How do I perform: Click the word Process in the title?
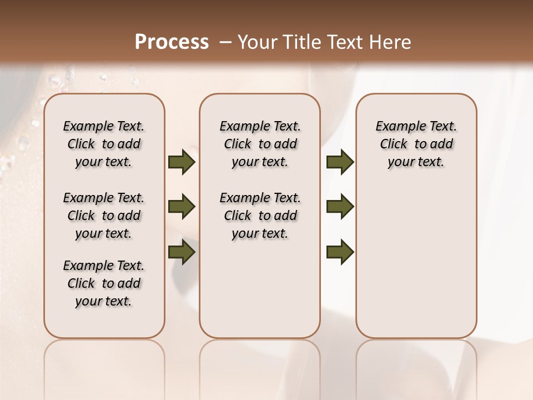tap(172, 42)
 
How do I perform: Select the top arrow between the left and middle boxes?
tap(182, 162)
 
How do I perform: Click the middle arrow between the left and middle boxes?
tap(182, 207)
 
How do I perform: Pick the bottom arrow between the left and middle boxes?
tap(182, 253)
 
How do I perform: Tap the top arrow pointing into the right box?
tap(340, 162)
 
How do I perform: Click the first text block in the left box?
tap(103, 144)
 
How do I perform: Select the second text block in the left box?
tap(103, 216)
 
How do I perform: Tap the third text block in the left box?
tap(103, 283)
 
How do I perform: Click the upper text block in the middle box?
tap(260, 144)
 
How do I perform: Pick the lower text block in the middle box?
tap(260, 216)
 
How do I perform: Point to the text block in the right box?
tap(416, 144)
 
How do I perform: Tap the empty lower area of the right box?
tap(416, 261)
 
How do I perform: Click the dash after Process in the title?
tap(225, 42)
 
